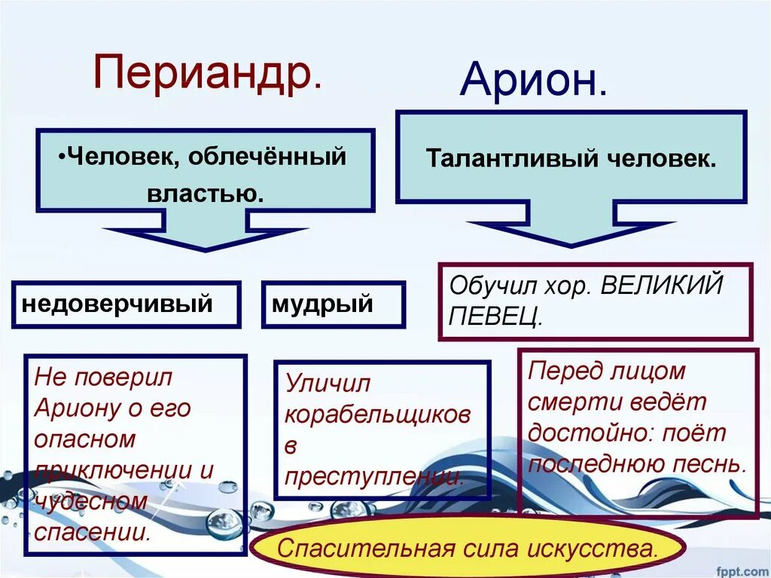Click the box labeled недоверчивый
[126, 304]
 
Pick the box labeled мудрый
[333, 304]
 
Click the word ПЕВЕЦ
[495, 317]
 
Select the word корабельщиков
[378, 414]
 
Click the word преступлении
[374, 476]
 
